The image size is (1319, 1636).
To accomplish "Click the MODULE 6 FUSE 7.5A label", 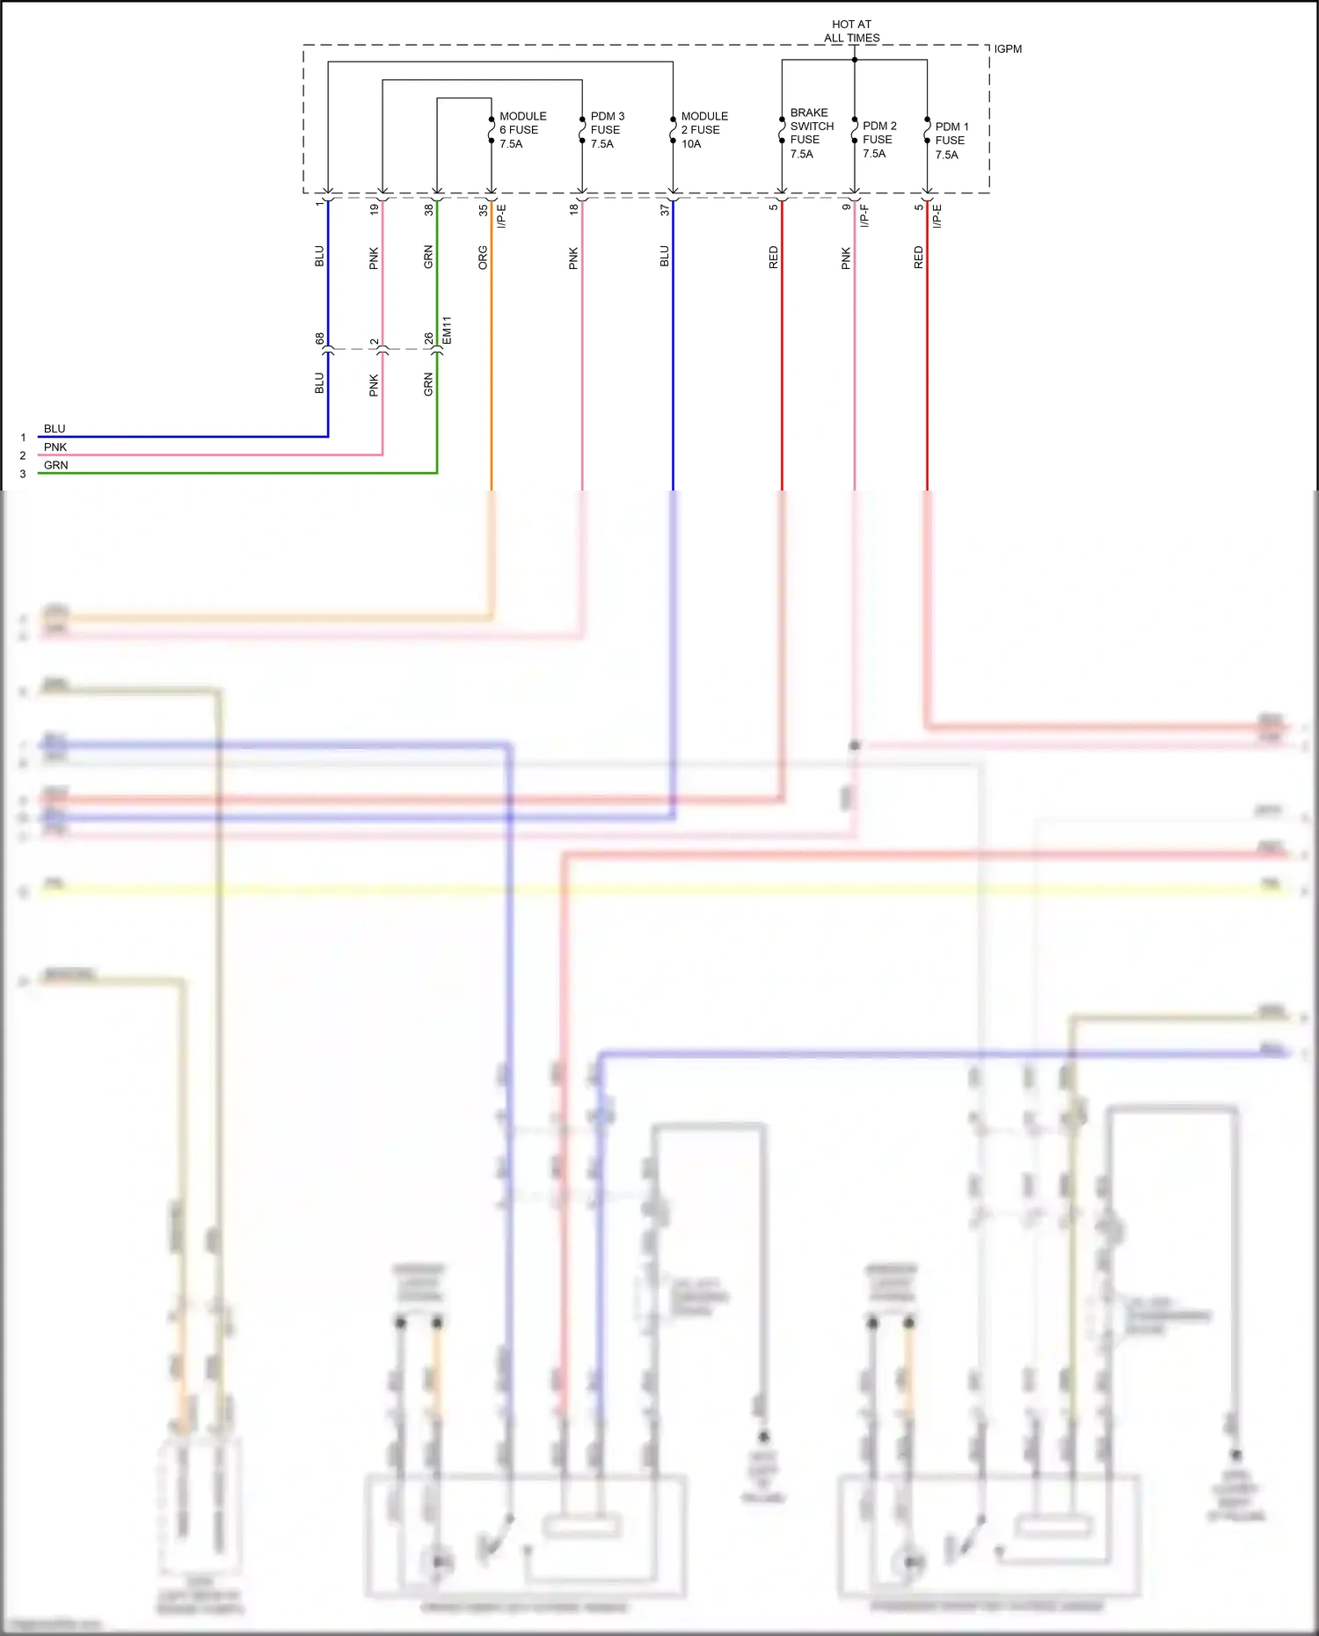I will click(522, 130).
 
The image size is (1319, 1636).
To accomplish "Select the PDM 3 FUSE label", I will click(607, 130).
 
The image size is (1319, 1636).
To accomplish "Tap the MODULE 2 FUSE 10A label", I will click(704, 130).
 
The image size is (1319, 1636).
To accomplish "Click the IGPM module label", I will click(1008, 49).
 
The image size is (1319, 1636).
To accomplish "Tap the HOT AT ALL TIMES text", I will click(851, 32).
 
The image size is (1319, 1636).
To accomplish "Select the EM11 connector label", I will click(447, 331).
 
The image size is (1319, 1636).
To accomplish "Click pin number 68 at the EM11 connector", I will click(320, 338).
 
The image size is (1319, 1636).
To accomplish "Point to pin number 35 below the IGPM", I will click(484, 210).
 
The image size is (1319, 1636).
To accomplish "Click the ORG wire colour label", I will click(483, 258).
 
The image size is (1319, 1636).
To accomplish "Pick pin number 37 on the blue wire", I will click(665, 210).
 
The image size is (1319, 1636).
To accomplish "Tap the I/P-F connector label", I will click(864, 216).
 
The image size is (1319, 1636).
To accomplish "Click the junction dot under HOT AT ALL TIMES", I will click(855, 60).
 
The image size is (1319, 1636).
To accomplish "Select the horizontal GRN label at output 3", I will click(55, 465).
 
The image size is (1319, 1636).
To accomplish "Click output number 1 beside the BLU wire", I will click(23, 437).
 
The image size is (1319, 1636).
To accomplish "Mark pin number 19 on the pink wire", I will click(375, 210).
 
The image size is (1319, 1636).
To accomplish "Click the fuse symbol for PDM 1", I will click(927, 130).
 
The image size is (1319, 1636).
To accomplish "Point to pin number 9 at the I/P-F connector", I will click(846, 207).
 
